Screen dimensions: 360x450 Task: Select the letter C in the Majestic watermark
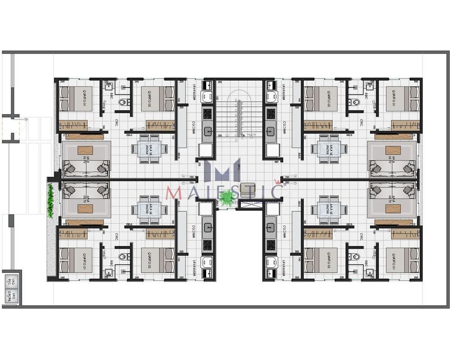click(x=274, y=192)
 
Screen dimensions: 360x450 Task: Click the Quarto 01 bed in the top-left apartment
click(x=76, y=99)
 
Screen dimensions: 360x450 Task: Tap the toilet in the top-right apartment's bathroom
click(x=356, y=103)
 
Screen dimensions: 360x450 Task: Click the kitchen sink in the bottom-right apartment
click(x=271, y=228)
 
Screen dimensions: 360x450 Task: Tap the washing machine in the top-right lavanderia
click(x=271, y=96)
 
